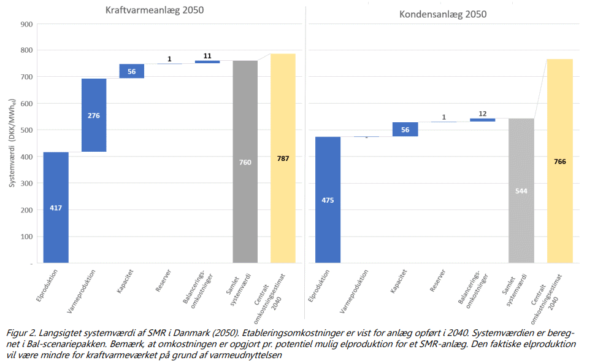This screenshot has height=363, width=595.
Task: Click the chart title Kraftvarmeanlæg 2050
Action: (x=155, y=10)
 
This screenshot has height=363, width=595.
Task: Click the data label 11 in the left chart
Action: (x=207, y=56)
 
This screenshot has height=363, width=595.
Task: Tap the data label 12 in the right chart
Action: (x=482, y=114)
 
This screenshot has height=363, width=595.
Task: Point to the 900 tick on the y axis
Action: (x=26, y=25)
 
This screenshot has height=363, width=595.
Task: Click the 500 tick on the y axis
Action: (x=26, y=130)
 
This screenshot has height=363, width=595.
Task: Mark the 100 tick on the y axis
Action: (x=26, y=236)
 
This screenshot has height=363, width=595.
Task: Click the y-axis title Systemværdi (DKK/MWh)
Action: (x=12, y=143)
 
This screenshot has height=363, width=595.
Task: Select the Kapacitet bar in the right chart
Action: (x=405, y=129)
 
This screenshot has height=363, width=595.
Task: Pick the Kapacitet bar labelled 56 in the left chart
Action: (x=132, y=71)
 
